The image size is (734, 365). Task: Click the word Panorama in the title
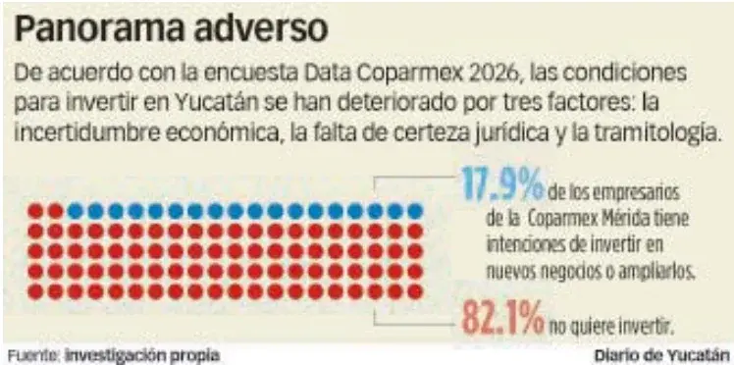98,29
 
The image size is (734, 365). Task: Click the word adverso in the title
260,29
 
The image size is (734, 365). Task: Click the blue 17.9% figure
503,182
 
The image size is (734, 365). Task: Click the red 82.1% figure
503,318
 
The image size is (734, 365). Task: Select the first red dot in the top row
35,211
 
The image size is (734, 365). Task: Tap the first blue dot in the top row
76,211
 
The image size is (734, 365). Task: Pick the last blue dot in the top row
415,211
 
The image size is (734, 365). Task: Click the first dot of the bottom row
35,291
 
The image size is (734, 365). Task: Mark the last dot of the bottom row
415,291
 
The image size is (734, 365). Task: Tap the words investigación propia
142,354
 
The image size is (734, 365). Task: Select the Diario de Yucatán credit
662,354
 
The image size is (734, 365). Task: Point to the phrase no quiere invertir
611,326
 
